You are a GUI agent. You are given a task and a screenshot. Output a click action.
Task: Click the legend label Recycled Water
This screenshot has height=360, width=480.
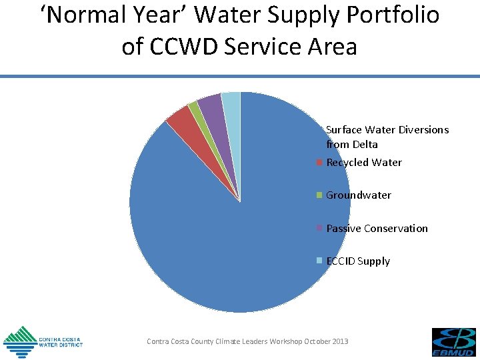pyautogui.click(x=364, y=163)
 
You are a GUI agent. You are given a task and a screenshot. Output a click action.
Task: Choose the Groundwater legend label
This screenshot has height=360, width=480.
pyautogui.click(x=359, y=195)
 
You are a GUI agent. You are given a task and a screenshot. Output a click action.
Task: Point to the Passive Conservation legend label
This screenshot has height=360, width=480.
pyautogui.click(x=377, y=228)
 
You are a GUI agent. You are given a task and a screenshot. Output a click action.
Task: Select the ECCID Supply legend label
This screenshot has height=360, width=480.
pyautogui.click(x=358, y=261)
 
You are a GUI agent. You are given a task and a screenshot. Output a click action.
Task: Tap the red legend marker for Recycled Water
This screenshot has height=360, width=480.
pyautogui.click(x=320, y=163)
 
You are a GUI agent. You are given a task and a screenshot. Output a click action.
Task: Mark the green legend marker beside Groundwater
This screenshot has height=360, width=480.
pyautogui.click(x=320, y=195)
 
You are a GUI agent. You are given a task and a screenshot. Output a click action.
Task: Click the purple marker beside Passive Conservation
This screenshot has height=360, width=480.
pyautogui.click(x=320, y=228)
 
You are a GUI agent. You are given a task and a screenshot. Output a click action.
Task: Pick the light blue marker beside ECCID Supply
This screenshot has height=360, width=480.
pyautogui.click(x=320, y=261)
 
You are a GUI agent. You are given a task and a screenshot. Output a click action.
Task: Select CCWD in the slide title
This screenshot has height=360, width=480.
pyautogui.click(x=189, y=47)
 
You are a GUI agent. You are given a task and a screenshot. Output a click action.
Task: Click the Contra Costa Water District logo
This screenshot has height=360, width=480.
pyautogui.click(x=43, y=341)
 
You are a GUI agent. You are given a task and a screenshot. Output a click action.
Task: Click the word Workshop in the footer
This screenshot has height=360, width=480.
pyautogui.click(x=286, y=341)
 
